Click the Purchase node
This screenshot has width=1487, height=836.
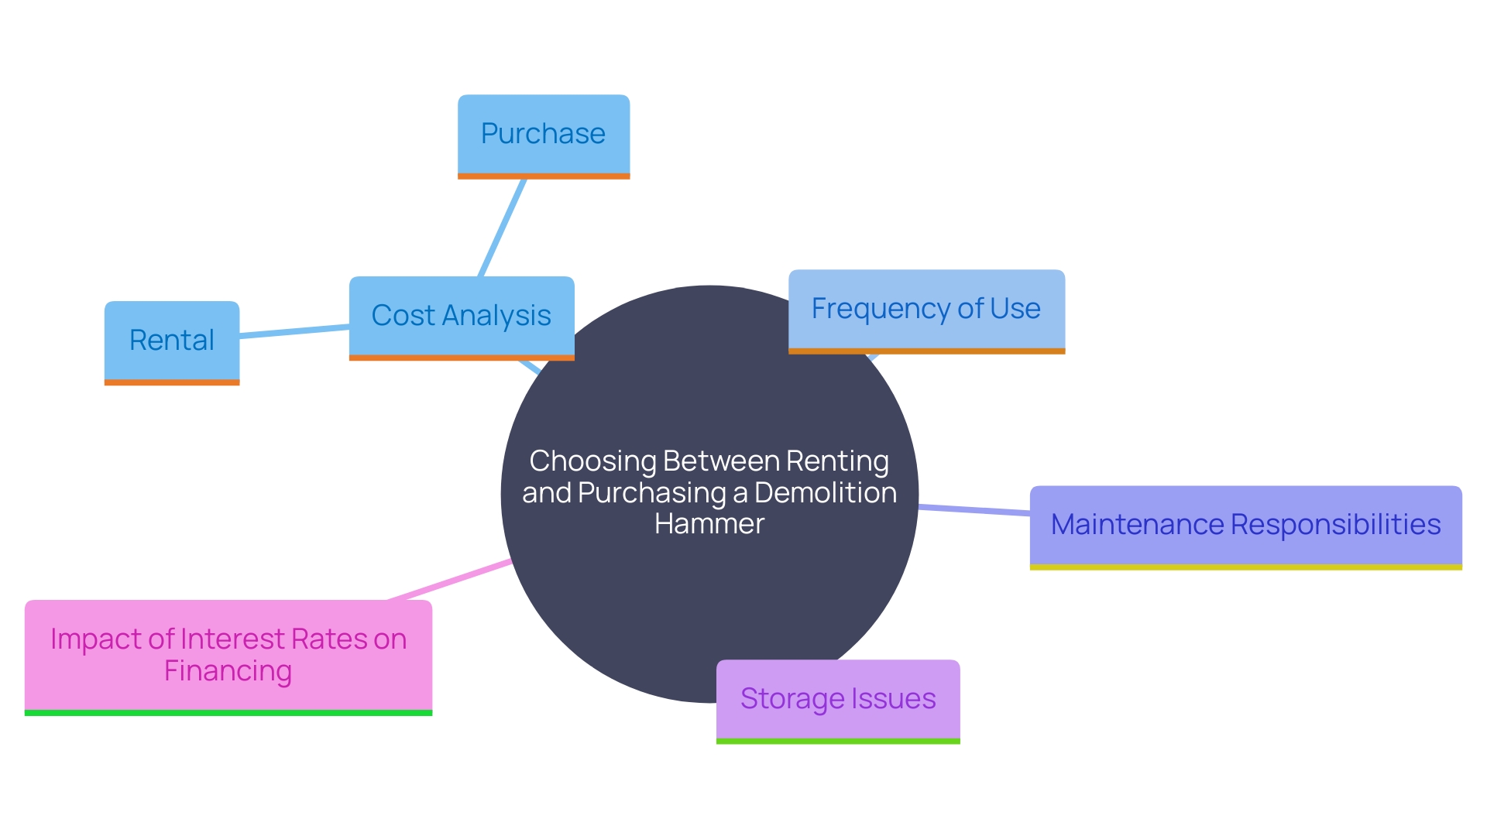tap(543, 135)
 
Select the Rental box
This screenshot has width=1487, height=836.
tap(172, 341)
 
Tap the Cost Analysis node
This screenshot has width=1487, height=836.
tap(462, 316)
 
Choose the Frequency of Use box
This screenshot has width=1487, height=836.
tap(926, 309)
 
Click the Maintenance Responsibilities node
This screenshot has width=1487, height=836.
tap(1245, 525)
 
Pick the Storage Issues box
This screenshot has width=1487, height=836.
tap(838, 699)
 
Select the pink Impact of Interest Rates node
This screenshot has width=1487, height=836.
tap(228, 655)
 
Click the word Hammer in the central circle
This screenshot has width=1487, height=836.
tap(709, 524)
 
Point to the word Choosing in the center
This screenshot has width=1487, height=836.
tap(593, 461)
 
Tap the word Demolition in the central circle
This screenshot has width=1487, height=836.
tap(826, 493)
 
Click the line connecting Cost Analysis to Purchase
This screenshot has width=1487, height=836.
tap(503, 228)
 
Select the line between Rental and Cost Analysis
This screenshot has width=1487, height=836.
tap(294, 331)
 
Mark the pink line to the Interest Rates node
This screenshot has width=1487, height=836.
tap(449, 580)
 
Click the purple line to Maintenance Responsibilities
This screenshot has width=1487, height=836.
tap(974, 510)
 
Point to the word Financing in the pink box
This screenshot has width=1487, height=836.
tap(228, 671)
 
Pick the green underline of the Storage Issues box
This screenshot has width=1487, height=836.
tap(838, 742)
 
